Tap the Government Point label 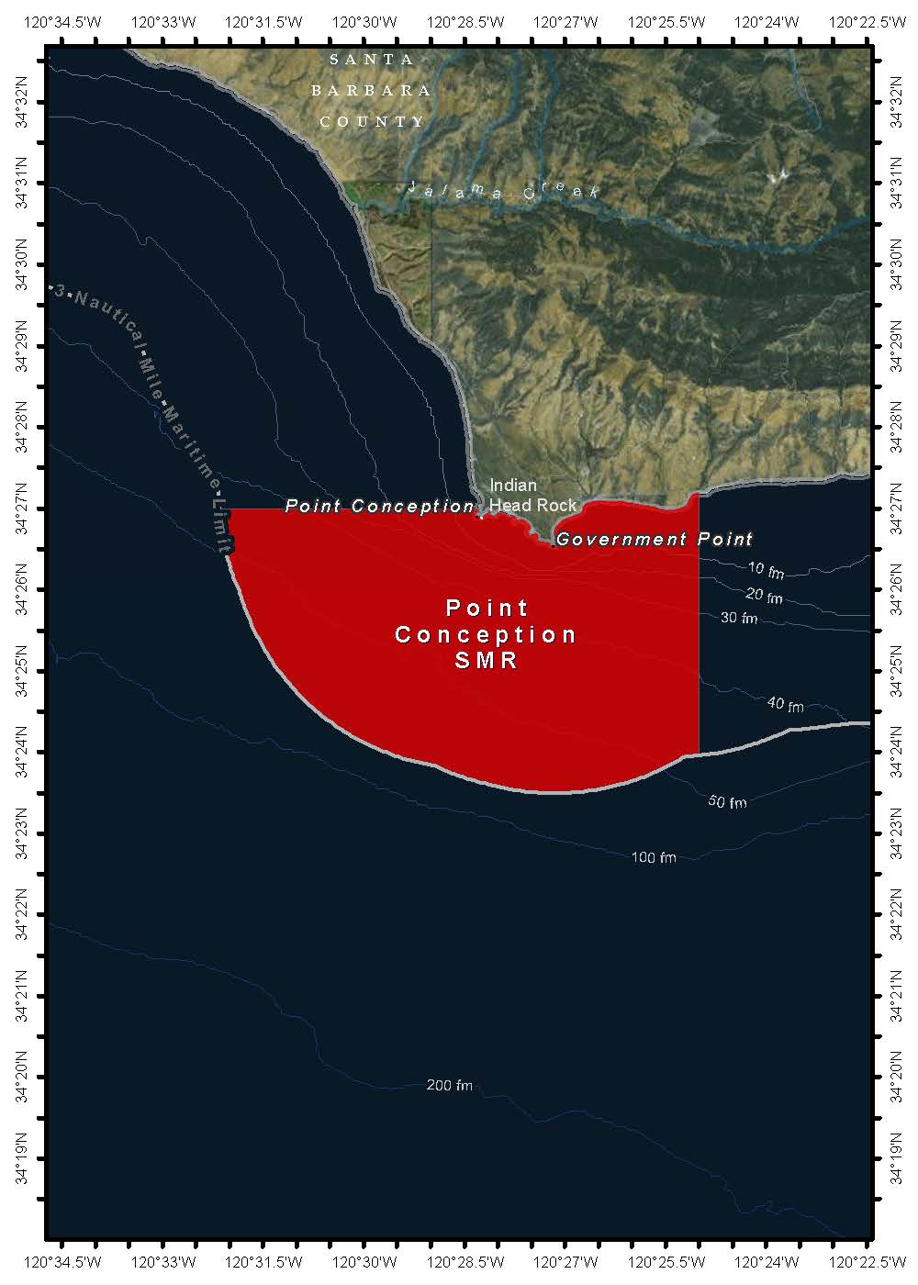pyautogui.click(x=654, y=540)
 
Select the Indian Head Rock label pyautogui.click(x=532, y=495)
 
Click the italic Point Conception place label pyautogui.click(x=379, y=506)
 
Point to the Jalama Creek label pyautogui.click(x=503, y=191)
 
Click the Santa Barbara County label pyautogui.click(x=372, y=90)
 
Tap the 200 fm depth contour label pyautogui.click(x=450, y=1085)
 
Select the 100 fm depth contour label pyautogui.click(x=654, y=857)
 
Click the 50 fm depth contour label pyautogui.click(x=727, y=802)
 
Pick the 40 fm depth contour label pyautogui.click(x=785, y=705)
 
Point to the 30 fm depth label pyautogui.click(x=739, y=618)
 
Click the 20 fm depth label pyautogui.click(x=764, y=597)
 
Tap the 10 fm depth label pyautogui.click(x=766, y=571)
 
